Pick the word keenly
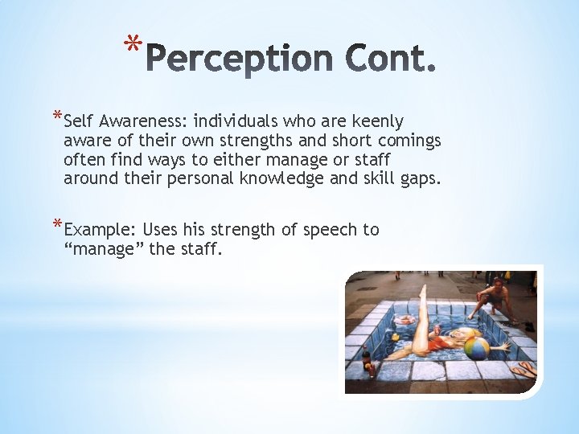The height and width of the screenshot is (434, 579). [x=377, y=121]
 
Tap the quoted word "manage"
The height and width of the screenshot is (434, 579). [x=104, y=249]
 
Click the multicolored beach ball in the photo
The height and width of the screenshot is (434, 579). [x=478, y=349]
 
